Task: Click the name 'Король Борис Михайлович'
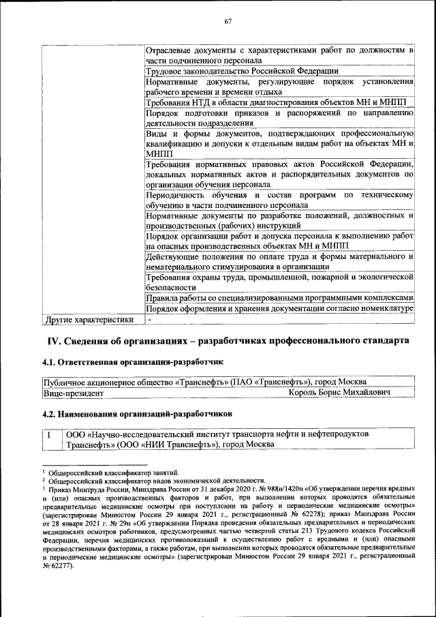point(339,393)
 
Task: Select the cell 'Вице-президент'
point(73,393)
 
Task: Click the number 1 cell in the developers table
point(49,434)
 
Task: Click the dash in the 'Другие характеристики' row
point(150,319)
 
